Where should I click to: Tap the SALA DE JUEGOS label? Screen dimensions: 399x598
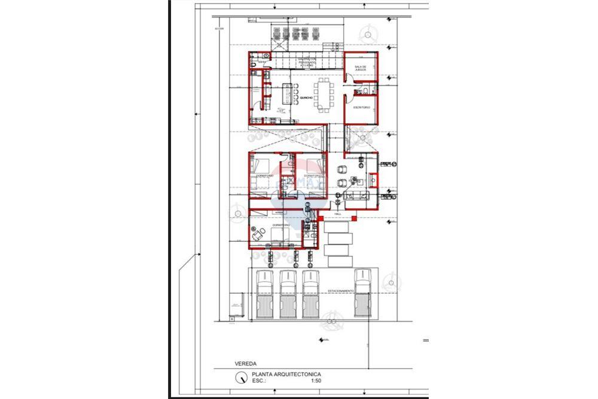360,68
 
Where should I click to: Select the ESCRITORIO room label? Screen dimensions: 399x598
361,107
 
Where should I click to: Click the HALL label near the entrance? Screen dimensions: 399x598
337,214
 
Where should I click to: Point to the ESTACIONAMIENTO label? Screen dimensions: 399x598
341,291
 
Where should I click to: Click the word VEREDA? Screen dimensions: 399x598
229,363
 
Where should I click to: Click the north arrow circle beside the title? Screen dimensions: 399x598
241,377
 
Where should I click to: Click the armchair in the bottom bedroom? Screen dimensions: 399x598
258,236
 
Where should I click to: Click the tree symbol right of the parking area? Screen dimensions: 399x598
392,281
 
